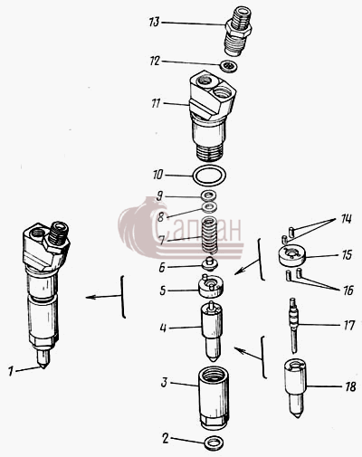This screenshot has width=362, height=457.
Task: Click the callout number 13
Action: click(x=154, y=22)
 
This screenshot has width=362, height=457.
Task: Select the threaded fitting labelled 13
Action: click(x=238, y=31)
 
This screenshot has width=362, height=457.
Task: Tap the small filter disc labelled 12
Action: click(x=229, y=66)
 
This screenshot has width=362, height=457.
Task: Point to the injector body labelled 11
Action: click(x=213, y=116)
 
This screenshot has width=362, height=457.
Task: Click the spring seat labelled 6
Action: click(x=210, y=265)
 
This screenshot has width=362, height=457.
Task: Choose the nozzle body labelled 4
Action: click(x=212, y=332)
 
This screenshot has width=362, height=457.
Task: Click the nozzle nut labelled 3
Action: click(x=213, y=398)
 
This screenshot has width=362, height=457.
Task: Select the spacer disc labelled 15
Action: click(x=291, y=256)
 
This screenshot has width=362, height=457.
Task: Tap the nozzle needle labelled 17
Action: click(x=293, y=326)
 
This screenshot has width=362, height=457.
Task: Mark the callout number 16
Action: click(x=348, y=290)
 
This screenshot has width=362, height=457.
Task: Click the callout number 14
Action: click(x=347, y=219)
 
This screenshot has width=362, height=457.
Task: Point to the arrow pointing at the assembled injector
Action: click(x=103, y=297)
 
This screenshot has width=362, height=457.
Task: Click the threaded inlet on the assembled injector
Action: click(x=59, y=233)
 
